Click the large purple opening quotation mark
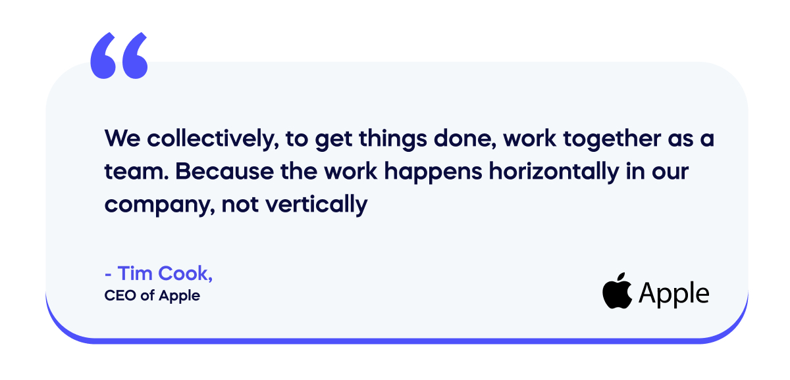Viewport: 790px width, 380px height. tap(119, 56)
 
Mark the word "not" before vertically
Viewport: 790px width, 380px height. tap(240, 204)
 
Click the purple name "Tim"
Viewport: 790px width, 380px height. tap(134, 273)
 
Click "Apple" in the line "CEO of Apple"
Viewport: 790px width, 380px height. tap(179, 297)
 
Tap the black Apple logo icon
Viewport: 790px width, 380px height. tap(616, 293)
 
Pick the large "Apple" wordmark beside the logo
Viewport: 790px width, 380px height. tap(673, 294)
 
